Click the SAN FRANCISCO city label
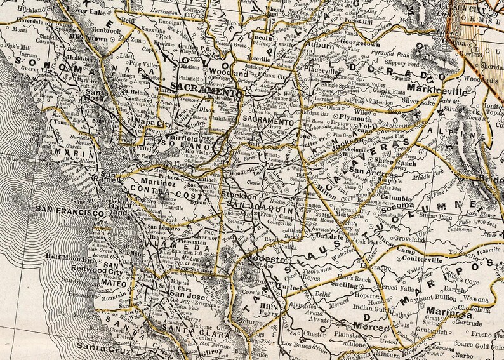[x=70, y=214]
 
